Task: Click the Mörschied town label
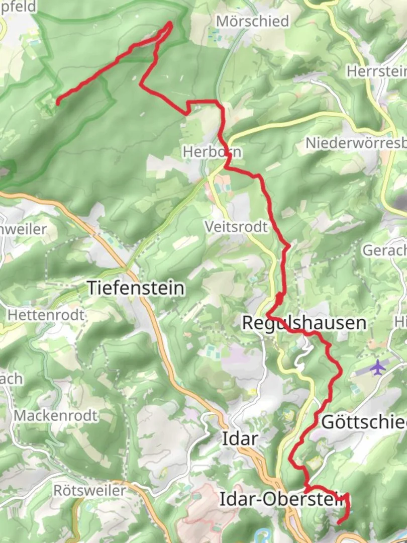pyautogui.click(x=252, y=21)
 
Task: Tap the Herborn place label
pyautogui.click(x=212, y=151)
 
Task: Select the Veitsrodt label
pyautogui.click(x=236, y=227)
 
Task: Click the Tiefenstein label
pyautogui.click(x=136, y=288)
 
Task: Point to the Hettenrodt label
pyautogui.click(x=46, y=315)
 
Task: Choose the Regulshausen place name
pyautogui.click(x=303, y=323)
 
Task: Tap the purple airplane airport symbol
pyautogui.click(x=377, y=368)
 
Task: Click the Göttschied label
pyautogui.click(x=363, y=422)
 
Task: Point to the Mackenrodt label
pyautogui.click(x=56, y=416)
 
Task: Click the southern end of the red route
pyautogui.click(x=339, y=523)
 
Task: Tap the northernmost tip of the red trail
pyautogui.click(x=170, y=23)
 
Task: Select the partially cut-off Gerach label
pyautogui.click(x=384, y=250)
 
